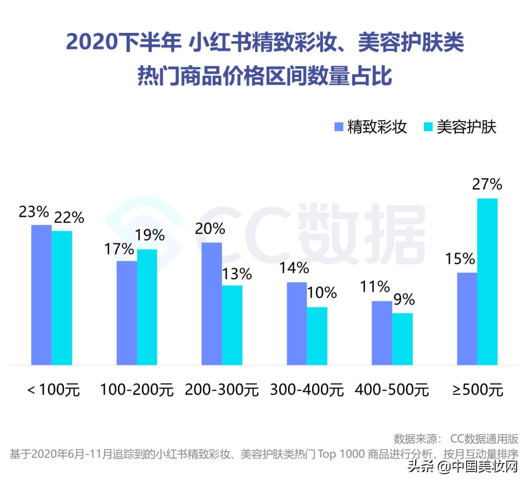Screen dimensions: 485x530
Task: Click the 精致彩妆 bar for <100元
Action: click(x=41, y=295)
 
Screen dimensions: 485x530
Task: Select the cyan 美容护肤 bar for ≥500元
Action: click(x=487, y=282)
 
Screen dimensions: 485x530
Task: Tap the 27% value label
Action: click(x=487, y=185)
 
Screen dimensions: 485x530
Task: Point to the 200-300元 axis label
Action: click(x=222, y=390)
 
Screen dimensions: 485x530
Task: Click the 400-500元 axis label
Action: click(x=392, y=390)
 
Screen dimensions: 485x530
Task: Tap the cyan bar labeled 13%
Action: click(x=232, y=325)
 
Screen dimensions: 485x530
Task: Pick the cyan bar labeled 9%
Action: click(x=402, y=339)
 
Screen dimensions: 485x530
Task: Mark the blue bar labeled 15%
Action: click(x=467, y=319)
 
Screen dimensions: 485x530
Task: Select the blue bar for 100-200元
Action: click(x=127, y=313)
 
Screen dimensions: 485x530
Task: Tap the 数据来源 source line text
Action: click(x=456, y=438)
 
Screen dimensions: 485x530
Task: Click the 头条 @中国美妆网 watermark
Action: click(x=463, y=466)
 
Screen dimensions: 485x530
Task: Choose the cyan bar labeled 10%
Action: click(x=317, y=336)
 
